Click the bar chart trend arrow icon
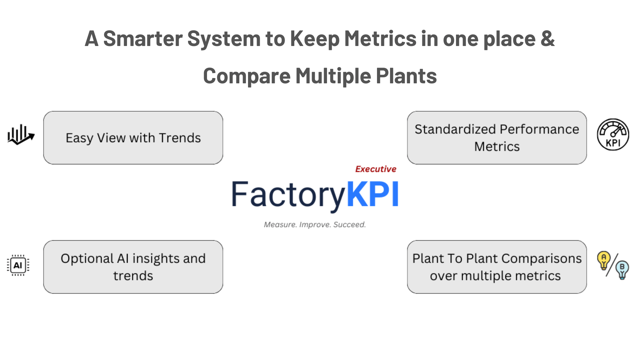tap(21, 135)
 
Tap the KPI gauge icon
tap(613, 134)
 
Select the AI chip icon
tap(18, 265)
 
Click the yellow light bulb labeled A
tap(604, 260)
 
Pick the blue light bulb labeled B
tap(622, 270)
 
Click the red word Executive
tap(376, 169)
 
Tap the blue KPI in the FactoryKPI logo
tap(373, 194)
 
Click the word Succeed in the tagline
tap(349, 225)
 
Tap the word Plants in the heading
tap(406, 76)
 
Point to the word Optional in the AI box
tap(87, 259)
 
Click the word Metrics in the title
tap(380, 38)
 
